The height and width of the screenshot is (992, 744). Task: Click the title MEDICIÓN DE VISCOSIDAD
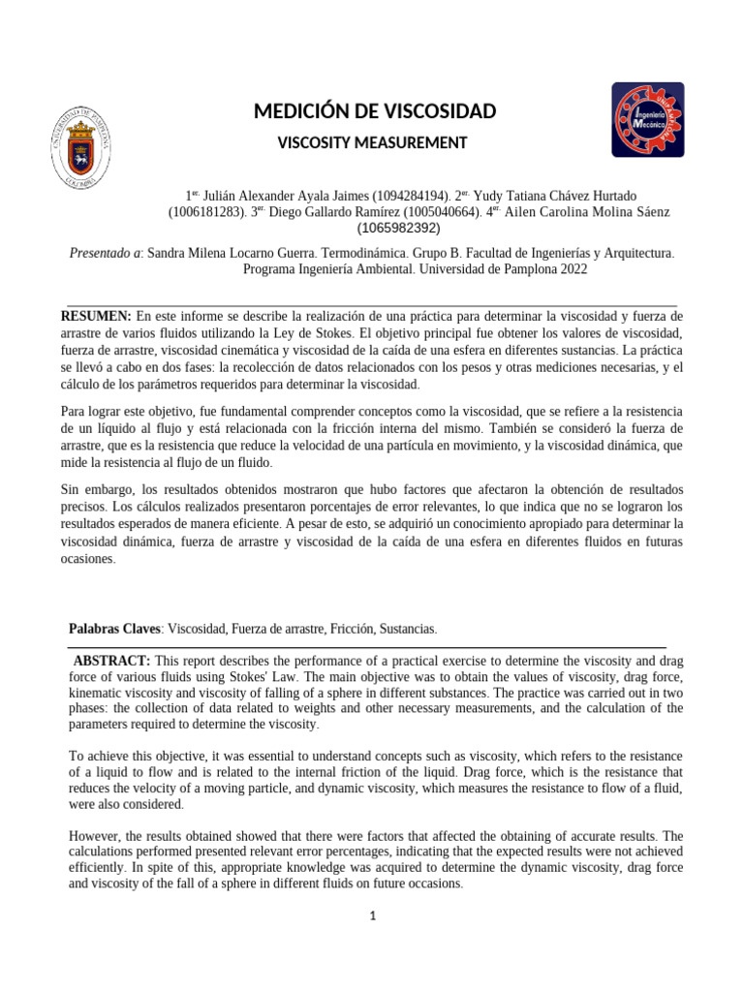click(x=374, y=111)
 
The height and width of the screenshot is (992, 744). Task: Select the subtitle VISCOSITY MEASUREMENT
click(x=373, y=143)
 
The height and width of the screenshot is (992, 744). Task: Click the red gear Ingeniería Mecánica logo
click(x=647, y=119)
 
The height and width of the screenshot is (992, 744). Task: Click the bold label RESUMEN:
click(x=96, y=316)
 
